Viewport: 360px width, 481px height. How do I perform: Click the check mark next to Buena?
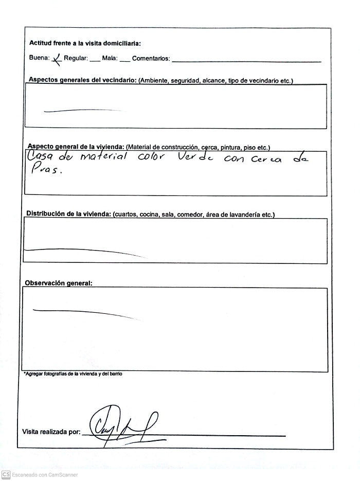click(x=57, y=59)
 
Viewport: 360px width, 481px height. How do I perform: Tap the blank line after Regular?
click(x=95, y=61)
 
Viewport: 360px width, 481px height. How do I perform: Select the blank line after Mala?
click(x=124, y=61)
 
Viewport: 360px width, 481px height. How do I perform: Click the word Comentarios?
click(x=151, y=59)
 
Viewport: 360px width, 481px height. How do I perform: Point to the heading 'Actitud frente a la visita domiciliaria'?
click(x=85, y=43)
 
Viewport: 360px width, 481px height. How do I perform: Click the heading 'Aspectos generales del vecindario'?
click(x=83, y=80)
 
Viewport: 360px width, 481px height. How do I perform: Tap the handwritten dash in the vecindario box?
click(x=82, y=110)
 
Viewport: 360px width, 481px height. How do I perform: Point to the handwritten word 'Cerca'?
click(x=266, y=159)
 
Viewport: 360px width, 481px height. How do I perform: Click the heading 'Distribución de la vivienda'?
click(x=69, y=214)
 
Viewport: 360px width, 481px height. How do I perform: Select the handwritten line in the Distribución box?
click(x=82, y=251)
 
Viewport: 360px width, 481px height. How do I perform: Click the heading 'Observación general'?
click(x=59, y=283)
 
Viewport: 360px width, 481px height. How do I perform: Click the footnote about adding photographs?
click(x=73, y=374)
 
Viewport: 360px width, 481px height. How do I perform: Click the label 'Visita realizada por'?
click(x=51, y=432)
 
